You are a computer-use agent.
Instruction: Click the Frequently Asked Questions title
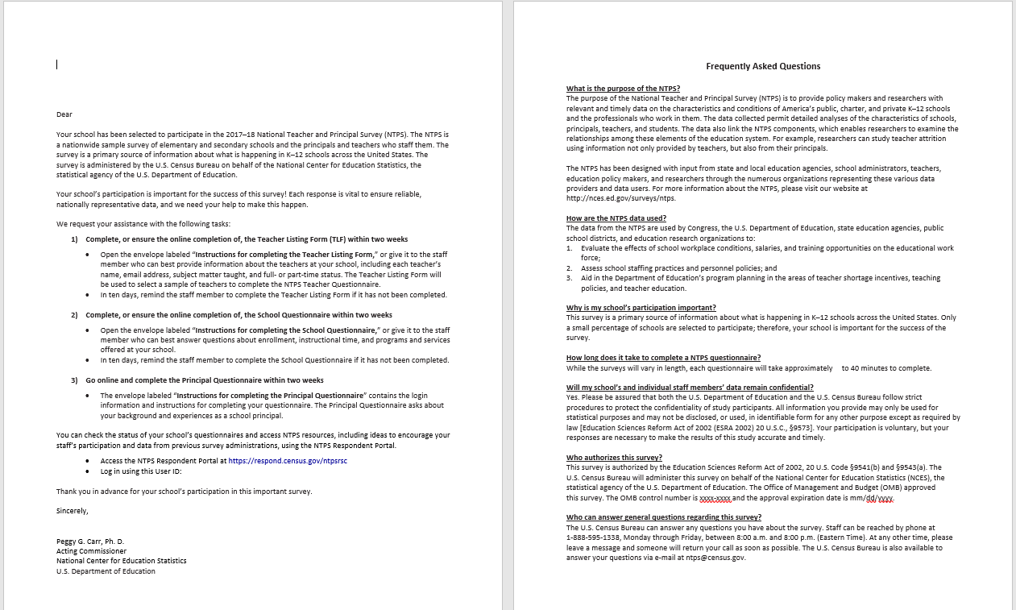(763, 66)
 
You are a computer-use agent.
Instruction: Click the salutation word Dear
(64, 114)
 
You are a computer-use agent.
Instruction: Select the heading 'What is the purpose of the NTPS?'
(623, 89)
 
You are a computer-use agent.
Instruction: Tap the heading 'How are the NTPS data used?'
(616, 218)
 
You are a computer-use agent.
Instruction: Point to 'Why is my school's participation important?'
(641, 308)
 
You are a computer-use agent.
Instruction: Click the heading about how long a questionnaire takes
(663, 358)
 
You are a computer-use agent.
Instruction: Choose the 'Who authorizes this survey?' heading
(614, 458)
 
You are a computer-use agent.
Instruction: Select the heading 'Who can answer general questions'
(664, 517)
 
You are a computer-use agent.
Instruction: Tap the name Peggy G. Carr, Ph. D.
(90, 542)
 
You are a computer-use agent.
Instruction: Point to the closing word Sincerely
(72, 511)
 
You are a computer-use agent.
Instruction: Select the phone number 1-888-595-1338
(595, 537)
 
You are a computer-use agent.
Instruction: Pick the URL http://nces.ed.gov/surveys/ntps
(610, 198)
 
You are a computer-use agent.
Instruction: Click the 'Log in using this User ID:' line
(141, 471)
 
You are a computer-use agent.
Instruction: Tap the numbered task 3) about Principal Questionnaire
(205, 380)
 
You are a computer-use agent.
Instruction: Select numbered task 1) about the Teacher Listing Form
(247, 239)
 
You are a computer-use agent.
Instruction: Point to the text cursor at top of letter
(56, 64)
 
